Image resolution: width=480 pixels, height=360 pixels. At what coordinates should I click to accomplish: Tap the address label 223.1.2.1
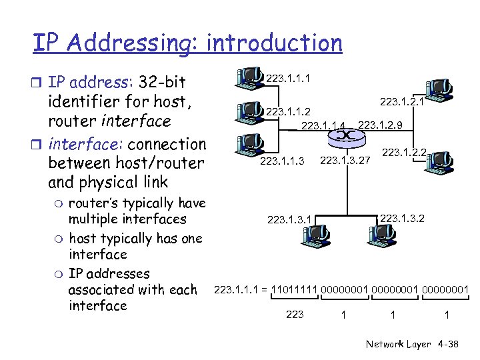coord(402,102)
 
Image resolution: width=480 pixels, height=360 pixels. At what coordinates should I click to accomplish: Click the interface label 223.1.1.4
coord(324,125)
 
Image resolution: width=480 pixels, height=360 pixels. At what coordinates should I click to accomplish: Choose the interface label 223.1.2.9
coord(381,125)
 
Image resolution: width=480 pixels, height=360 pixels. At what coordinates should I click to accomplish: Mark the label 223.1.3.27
coord(345,161)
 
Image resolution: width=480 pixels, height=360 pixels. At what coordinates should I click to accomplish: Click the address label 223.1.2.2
coord(404,153)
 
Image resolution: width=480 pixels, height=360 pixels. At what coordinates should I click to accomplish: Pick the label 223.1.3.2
coord(402,217)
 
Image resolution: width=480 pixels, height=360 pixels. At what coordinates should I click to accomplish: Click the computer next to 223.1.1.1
coord(250,77)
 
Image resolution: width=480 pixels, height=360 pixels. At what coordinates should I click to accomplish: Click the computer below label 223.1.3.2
coord(382,233)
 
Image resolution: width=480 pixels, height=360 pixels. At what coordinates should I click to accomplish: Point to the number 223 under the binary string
coord(294,314)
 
